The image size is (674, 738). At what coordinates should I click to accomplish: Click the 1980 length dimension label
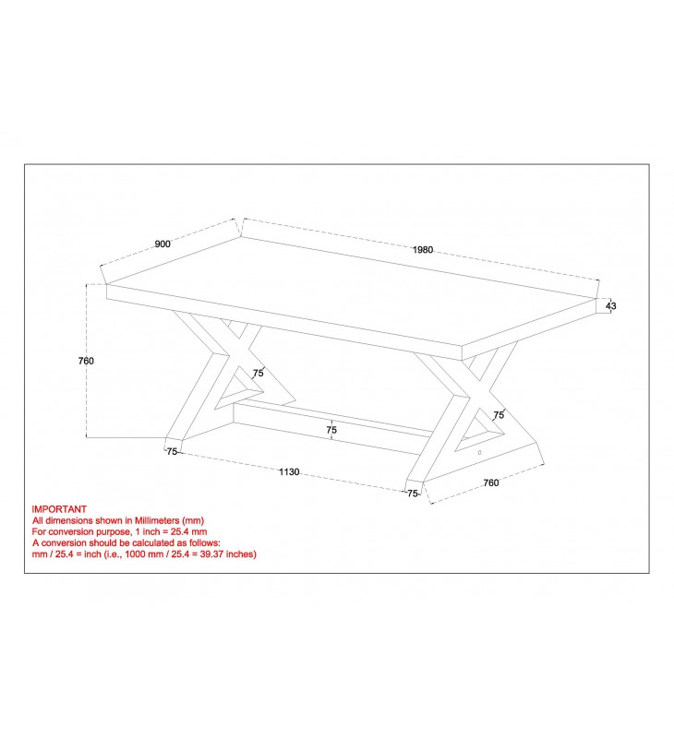pyautogui.click(x=423, y=250)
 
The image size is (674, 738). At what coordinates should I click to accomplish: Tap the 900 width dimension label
pyautogui.click(x=162, y=244)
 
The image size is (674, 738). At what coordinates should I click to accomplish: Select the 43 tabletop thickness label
pyautogui.click(x=611, y=306)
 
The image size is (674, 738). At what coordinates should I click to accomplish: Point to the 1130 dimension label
pyautogui.click(x=289, y=471)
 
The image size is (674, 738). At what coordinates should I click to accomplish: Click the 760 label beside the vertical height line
pyautogui.click(x=86, y=361)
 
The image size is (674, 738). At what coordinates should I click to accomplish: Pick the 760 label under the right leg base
pyautogui.click(x=491, y=482)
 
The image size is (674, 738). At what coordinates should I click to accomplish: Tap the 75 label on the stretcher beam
pyautogui.click(x=331, y=430)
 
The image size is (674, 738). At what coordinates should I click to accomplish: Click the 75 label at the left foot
pyautogui.click(x=172, y=451)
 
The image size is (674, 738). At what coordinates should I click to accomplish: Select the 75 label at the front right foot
pyautogui.click(x=413, y=494)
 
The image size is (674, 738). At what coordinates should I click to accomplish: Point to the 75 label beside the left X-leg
pyautogui.click(x=259, y=374)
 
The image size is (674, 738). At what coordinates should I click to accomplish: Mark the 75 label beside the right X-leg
pyautogui.click(x=499, y=414)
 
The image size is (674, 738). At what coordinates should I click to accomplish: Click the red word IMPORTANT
pyautogui.click(x=59, y=509)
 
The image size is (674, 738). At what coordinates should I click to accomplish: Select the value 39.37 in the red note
pyautogui.click(x=211, y=554)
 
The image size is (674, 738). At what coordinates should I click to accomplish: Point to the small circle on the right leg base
pyautogui.click(x=480, y=452)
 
